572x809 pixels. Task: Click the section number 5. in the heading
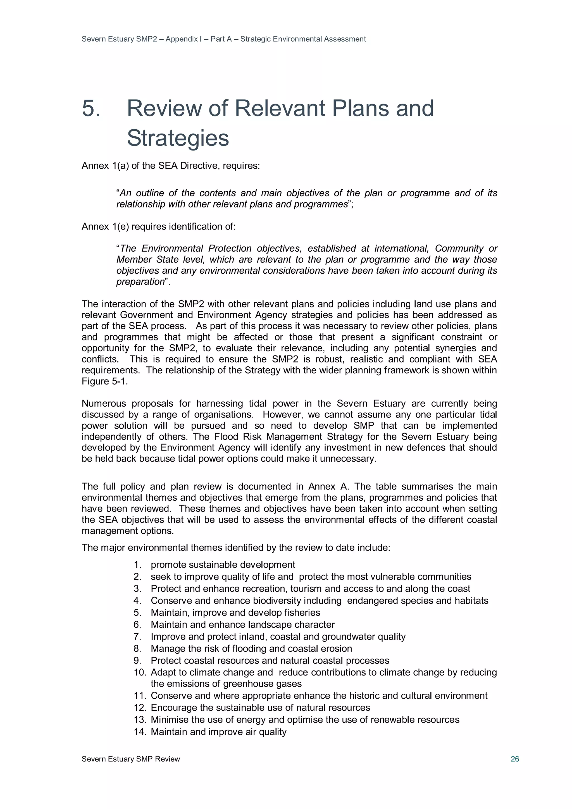coord(91,108)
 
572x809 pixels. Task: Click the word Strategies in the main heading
coord(178,138)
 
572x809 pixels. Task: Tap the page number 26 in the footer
coord(514,759)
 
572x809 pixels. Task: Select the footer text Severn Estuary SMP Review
coord(131,759)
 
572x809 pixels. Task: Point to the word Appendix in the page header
coord(182,39)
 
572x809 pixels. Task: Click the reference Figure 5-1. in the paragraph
coord(105,381)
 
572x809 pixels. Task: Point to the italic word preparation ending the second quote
coord(140,281)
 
